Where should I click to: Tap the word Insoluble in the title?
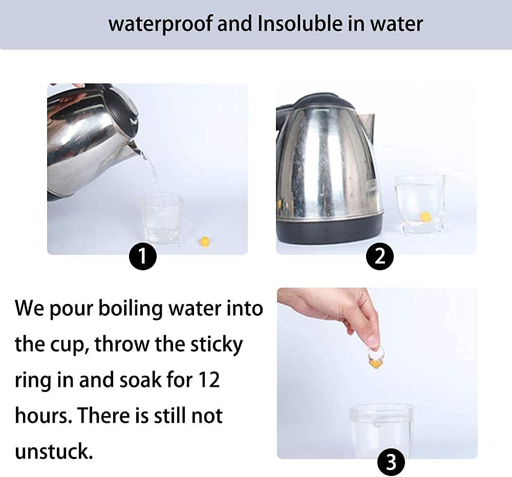(x=300, y=24)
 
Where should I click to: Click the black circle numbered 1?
(x=143, y=256)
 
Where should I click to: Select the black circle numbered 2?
(x=379, y=256)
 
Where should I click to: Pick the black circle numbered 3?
(x=391, y=462)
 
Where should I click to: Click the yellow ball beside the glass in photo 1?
(x=205, y=242)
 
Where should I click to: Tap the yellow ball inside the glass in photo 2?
(x=425, y=216)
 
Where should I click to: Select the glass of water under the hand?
(x=381, y=431)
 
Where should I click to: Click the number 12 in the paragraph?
(x=209, y=380)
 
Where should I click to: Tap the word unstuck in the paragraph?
(x=54, y=452)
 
